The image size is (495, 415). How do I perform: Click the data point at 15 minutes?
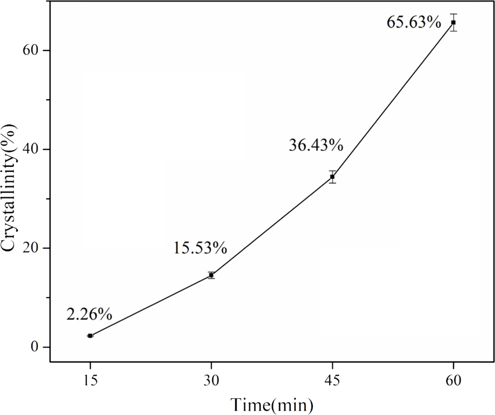[90, 336]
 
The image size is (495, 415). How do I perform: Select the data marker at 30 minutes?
[211, 275]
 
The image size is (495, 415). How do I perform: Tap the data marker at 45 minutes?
[332, 177]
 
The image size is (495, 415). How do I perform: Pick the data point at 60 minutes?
[453, 22]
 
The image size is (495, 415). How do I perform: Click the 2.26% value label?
[89, 314]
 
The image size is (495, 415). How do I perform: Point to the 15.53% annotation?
[200, 248]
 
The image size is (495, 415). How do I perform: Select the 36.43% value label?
[316, 145]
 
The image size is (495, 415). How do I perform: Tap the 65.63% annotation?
[414, 22]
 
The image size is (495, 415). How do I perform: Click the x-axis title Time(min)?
[271, 404]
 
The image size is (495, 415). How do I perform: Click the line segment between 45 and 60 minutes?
[393, 100]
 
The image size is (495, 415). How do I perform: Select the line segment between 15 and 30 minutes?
[151, 305]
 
